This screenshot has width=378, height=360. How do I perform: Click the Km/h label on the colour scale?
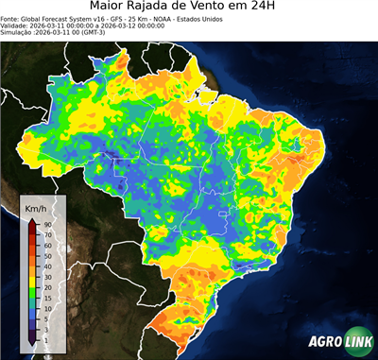pyautogui.click(x=37, y=207)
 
